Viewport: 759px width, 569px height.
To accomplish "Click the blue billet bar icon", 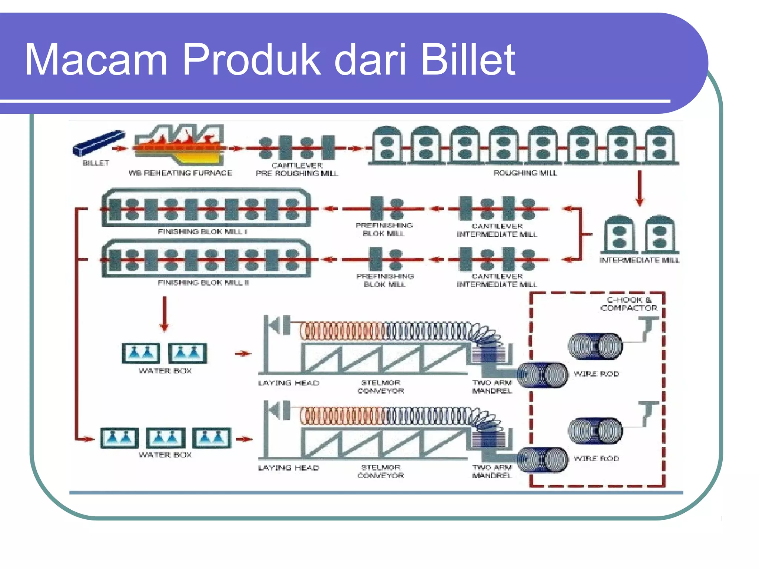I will (x=98, y=143).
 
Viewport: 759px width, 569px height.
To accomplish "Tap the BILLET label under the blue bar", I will (x=96, y=163).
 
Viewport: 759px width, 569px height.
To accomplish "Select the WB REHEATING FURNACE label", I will (x=180, y=173).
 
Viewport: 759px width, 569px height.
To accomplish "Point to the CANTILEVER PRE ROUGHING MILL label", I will (x=297, y=169).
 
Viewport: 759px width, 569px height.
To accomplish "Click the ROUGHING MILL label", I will (x=525, y=173).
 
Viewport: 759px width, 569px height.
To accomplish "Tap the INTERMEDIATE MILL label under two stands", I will (x=639, y=260).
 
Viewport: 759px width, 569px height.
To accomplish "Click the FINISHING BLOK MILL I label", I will (x=202, y=232).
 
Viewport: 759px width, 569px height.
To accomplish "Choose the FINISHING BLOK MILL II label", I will (x=203, y=283).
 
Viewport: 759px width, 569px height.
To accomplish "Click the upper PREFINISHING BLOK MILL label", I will (x=384, y=229).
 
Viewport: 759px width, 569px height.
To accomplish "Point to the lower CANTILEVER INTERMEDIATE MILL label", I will (x=497, y=280).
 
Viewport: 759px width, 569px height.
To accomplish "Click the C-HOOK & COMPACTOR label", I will (x=629, y=304).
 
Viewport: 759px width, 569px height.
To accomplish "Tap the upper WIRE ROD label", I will (x=596, y=374).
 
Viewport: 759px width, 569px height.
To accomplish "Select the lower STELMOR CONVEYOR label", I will (x=381, y=471).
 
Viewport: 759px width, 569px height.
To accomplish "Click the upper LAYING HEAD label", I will (x=288, y=383).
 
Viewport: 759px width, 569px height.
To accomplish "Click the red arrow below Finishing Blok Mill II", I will (x=165, y=313).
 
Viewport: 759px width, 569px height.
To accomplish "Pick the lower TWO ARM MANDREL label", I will (x=492, y=471).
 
